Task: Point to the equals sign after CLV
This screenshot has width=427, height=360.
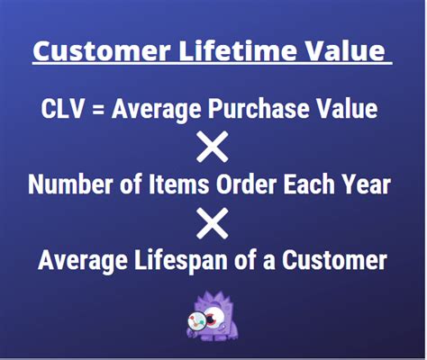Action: pyautogui.click(x=102, y=111)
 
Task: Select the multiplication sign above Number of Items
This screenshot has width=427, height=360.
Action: pyautogui.click(x=213, y=147)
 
